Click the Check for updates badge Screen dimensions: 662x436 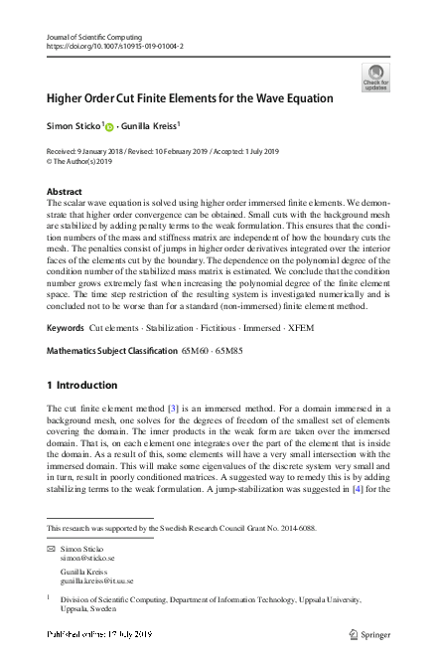pos(375,77)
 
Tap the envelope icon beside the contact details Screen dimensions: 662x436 pos(51,549)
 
